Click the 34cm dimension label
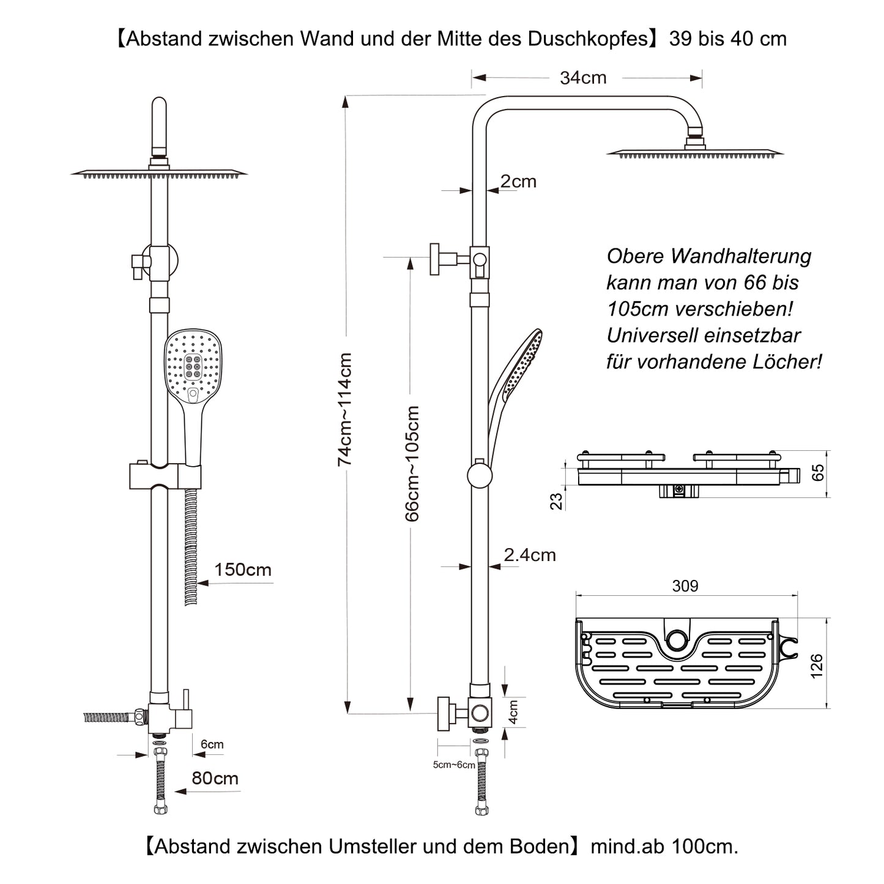point(583,78)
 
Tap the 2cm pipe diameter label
point(518,181)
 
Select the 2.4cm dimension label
point(530,555)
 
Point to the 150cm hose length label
point(242,570)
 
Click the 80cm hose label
point(215,778)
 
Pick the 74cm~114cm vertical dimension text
point(345,409)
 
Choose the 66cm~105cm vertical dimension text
point(413,463)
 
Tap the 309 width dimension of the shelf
point(685,586)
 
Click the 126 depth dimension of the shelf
point(817,666)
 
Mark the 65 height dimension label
point(818,473)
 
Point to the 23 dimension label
point(556,501)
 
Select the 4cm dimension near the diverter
point(514,712)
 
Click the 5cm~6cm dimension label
point(454,765)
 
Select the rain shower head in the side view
point(694,152)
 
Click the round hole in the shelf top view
point(677,640)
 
